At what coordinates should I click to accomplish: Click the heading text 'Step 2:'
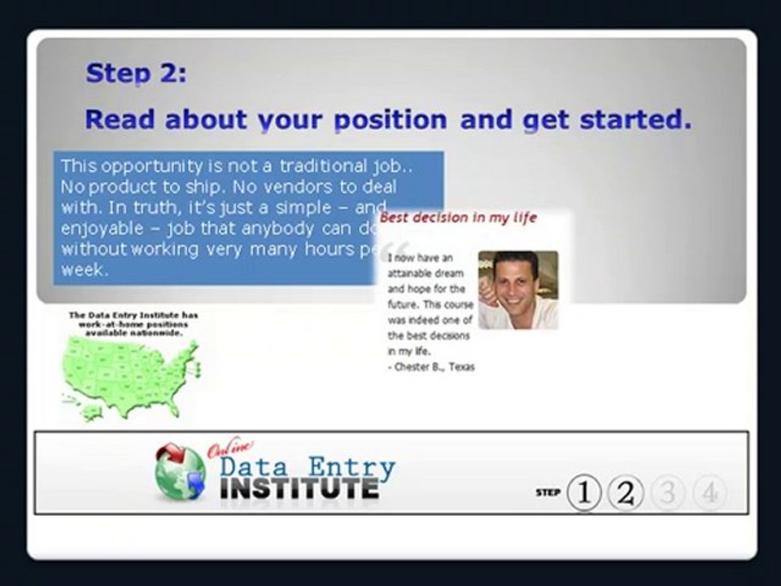click(x=136, y=73)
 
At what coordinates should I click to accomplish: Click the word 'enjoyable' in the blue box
click(x=100, y=228)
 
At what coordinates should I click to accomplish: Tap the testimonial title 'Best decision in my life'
click(x=459, y=218)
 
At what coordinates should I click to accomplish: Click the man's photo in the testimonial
click(x=518, y=290)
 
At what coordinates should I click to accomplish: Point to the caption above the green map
click(x=133, y=324)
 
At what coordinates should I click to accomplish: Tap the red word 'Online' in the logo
click(x=230, y=448)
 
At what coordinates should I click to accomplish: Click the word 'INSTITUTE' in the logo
click(x=299, y=488)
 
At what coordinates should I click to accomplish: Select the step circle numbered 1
click(x=583, y=492)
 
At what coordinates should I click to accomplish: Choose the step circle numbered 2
click(x=625, y=492)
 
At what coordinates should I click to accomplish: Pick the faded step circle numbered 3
click(x=667, y=492)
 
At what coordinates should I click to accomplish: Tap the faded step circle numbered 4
click(x=709, y=492)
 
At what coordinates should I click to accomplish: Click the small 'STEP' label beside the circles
click(x=548, y=492)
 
